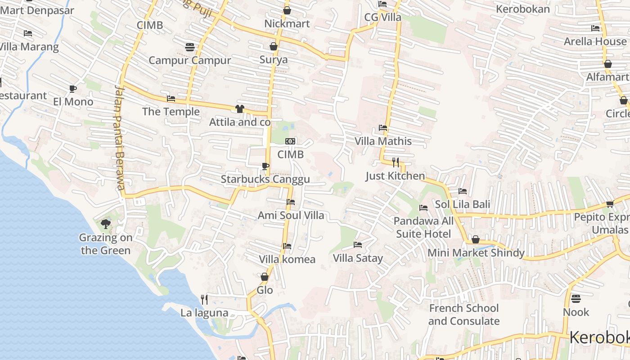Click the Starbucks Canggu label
coord(265,179)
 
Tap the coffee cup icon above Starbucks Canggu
coord(265,166)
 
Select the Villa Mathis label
coord(383,141)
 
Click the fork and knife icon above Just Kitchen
coord(396,162)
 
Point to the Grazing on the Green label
coord(105,244)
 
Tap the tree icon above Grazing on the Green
coord(106,224)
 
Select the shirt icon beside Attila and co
coord(239,109)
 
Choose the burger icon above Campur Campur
coord(189,47)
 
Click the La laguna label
coord(204,313)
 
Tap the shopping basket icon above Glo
coord(265,277)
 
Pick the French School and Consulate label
coord(463,315)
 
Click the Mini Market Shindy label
coord(476,253)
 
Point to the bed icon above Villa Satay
coord(358,245)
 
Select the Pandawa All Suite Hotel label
coord(423,227)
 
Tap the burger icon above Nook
coord(576,299)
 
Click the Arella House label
coord(595,41)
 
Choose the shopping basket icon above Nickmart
coord(287,10)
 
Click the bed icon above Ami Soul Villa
coord(291,202)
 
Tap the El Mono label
coord(73,102)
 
